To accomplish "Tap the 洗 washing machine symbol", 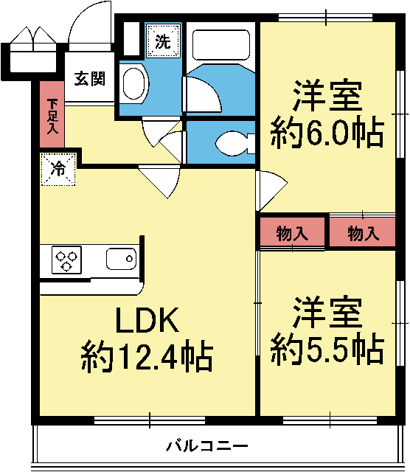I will pos(162,41).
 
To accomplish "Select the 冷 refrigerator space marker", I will pos(58,169).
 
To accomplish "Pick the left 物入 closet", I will pos(292,234).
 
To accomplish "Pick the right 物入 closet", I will pos(363,234).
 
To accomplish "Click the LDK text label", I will pos(146,322).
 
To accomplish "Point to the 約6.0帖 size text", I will pos(327,133).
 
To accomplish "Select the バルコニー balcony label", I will pos(206,445).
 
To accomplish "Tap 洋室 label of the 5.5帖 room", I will pos(327,313).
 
